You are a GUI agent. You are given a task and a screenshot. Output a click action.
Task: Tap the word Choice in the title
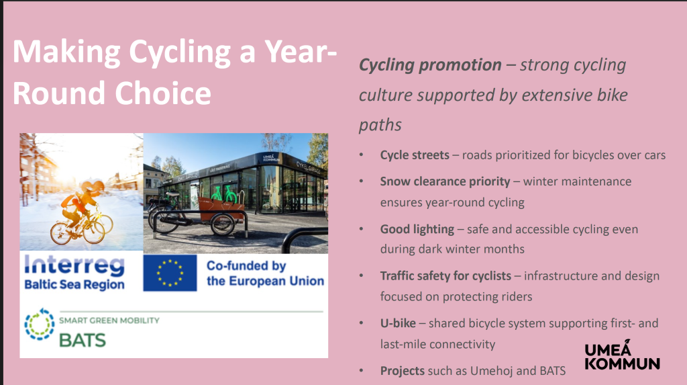click(x=163, y=93)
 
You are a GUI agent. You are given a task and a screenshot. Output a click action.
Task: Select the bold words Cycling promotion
click(x=430, y=65)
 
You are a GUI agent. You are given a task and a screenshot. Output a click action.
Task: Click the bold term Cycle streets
click(x=415, y=155)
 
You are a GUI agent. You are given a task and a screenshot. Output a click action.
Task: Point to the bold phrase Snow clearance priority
click(x=445, y=181)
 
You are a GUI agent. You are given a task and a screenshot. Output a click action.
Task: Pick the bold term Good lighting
click(x=417, y=229)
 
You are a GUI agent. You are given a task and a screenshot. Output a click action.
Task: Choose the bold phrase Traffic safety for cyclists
click(x=445, y=275)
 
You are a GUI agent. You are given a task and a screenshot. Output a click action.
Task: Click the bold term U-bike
click(x=398, y=323)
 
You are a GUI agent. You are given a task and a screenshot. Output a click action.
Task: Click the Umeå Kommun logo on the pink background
click(x=622, y=355)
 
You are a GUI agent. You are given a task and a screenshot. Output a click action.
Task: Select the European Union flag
click(x=170, y=273)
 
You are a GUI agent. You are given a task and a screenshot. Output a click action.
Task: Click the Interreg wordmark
click(x=74, y=265)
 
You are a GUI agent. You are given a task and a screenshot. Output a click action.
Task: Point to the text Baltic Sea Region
click(x=74, y=284)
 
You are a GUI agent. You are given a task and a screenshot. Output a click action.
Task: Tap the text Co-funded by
click(x=246, y=266)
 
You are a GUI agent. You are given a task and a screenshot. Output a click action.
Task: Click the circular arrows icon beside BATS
click(x=40, y=325)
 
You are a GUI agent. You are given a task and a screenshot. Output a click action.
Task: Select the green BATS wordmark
click(x=83, y=340)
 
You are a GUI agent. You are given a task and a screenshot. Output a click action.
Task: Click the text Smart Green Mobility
click(x=109, y=320)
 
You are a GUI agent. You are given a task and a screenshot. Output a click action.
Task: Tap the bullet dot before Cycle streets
click(x=362, y=155)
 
